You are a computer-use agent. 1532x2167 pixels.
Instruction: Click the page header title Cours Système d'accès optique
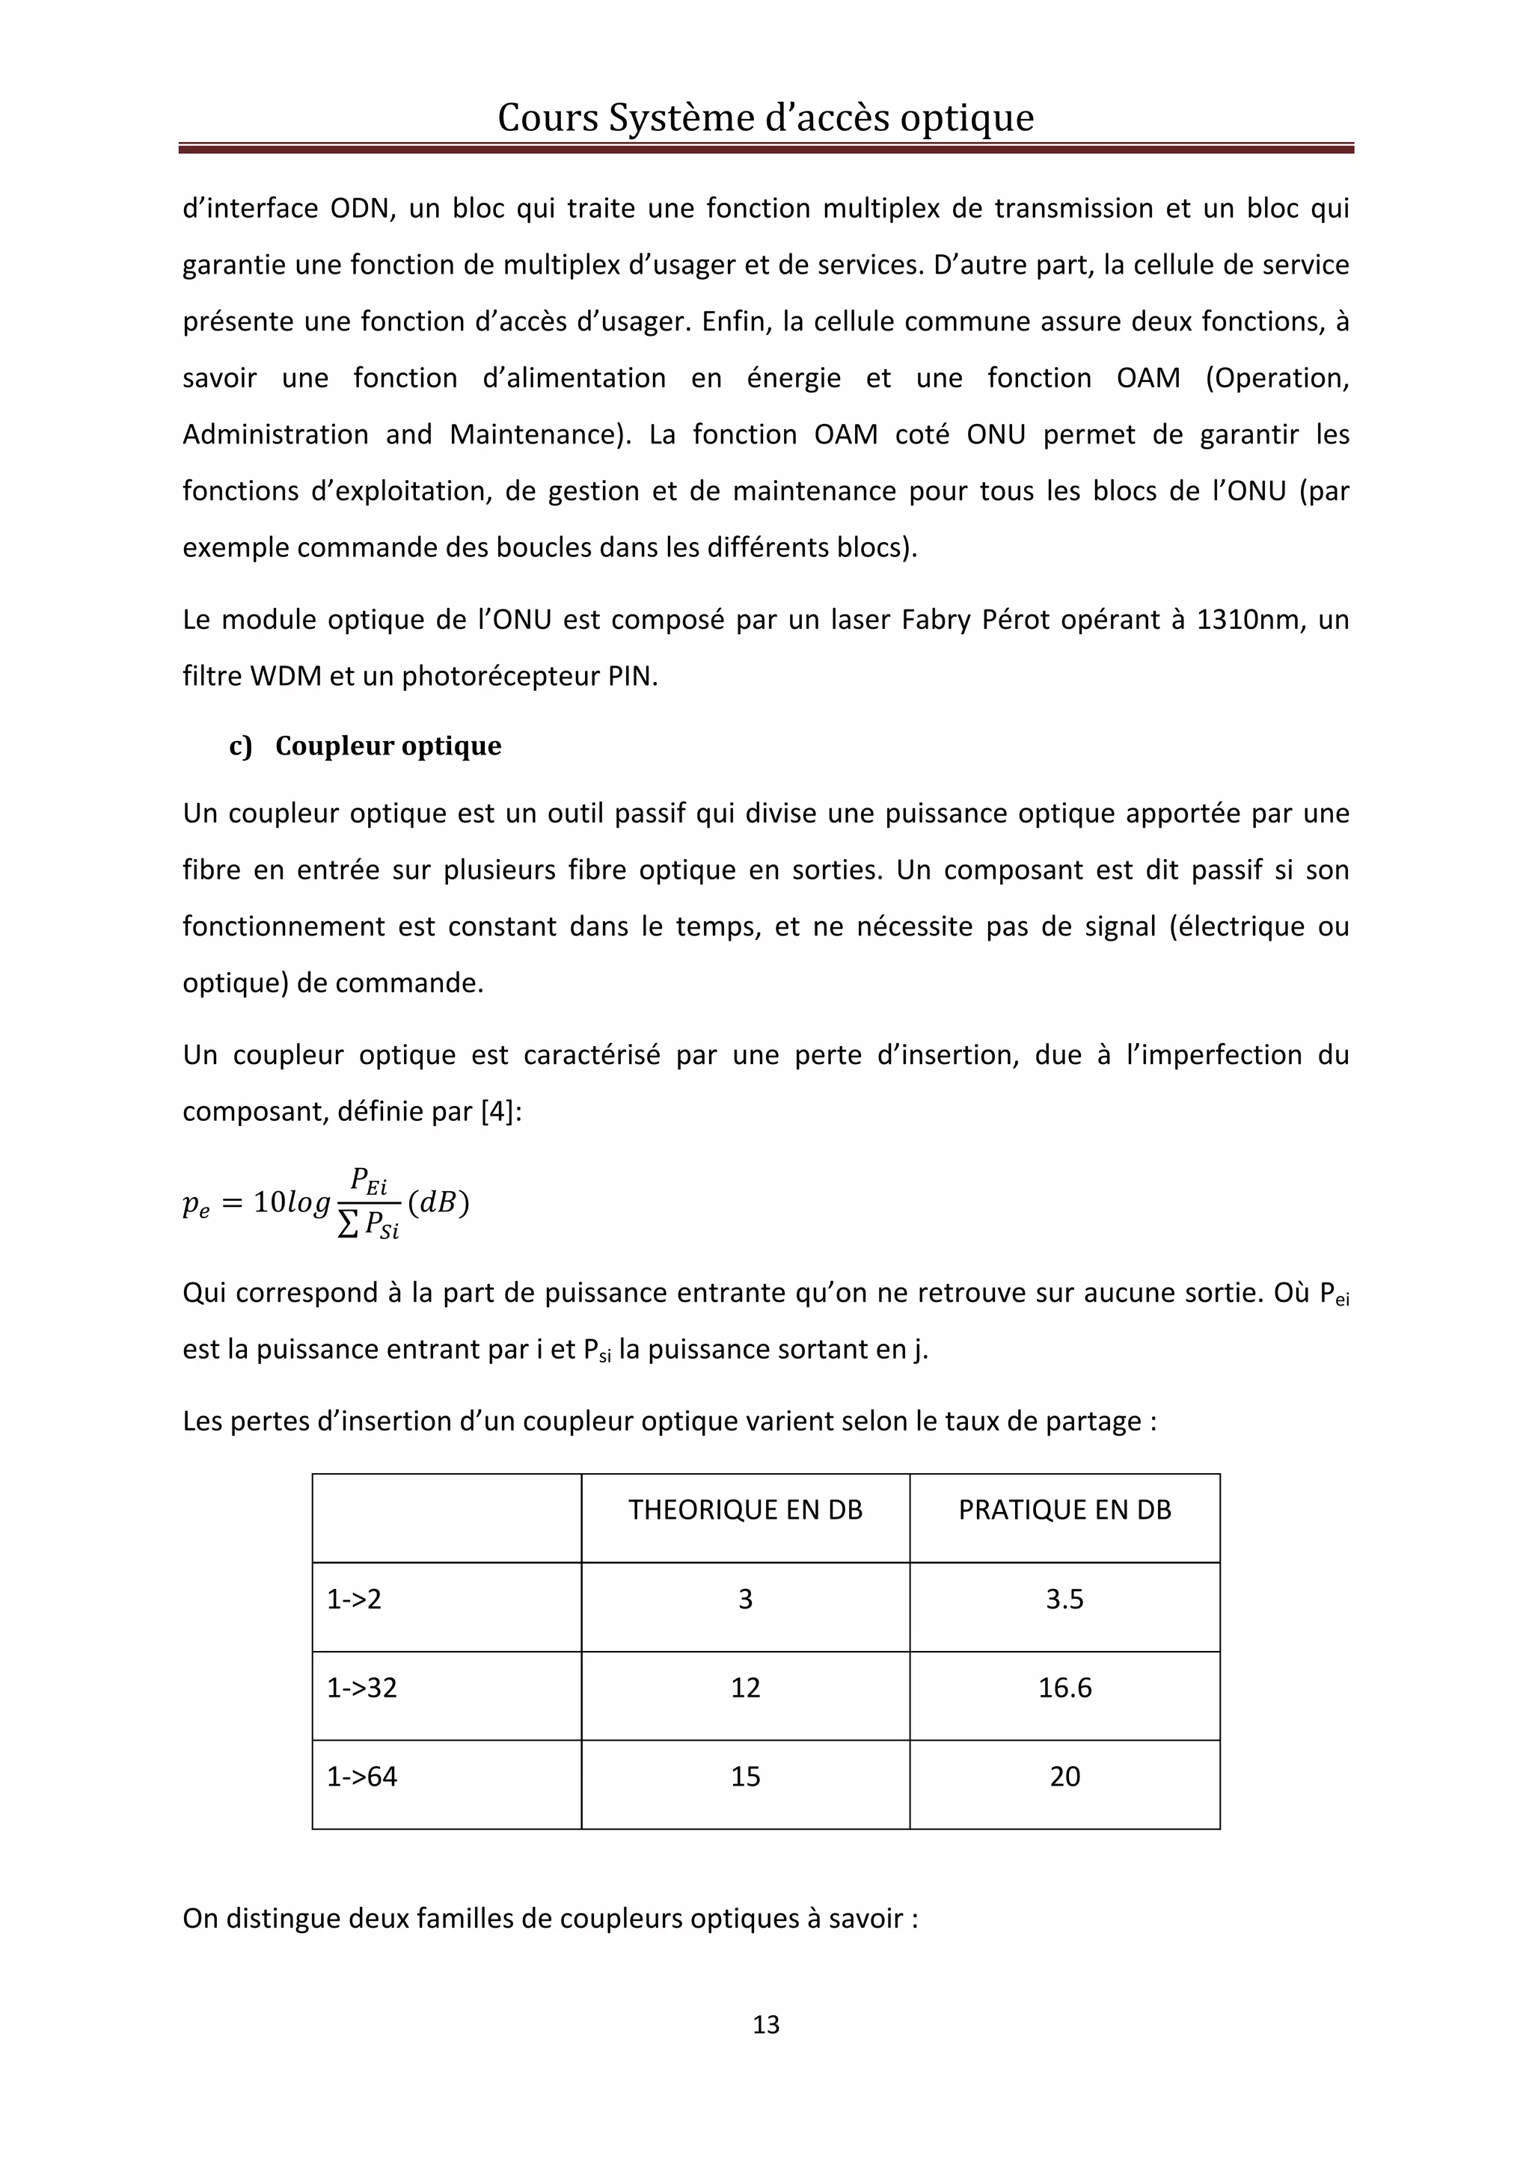click(x=765, y=117)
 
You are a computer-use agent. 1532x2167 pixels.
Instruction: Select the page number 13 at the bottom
click(x=765, y=2023)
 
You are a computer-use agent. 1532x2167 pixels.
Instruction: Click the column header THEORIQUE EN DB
click(x=745, y=1510)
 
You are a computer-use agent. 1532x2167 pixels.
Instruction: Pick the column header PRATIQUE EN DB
click(x=1064, y=1510)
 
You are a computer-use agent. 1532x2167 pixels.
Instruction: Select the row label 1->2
click(x=354, y=1599)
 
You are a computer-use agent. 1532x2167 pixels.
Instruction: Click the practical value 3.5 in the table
click(x=1064, y=1599)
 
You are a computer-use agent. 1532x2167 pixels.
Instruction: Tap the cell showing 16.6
click(x=1064, y=1688)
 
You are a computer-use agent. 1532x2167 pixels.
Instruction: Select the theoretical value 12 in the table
click(x=745, y=1688)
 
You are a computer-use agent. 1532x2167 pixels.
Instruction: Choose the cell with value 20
click(x=1064, y=1776)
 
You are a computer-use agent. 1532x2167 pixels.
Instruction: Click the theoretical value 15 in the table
click(x=745, y=1776)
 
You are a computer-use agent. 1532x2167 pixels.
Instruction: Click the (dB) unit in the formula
click(x=438, y=1202)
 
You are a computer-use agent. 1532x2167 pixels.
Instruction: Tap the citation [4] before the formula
click(x=497, y=1112)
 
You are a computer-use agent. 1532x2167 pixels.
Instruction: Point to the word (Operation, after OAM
click(x=1276, y=378)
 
